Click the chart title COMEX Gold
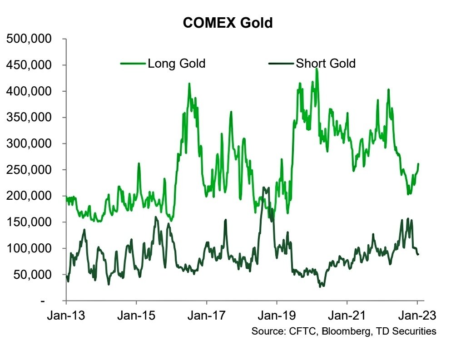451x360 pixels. (x=228, y=23)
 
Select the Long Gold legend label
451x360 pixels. (x=176, y=64)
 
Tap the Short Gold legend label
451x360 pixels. (x=325, y=64)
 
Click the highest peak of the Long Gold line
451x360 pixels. (x=317, y=68)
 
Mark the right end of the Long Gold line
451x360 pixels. (x=418, y=164)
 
